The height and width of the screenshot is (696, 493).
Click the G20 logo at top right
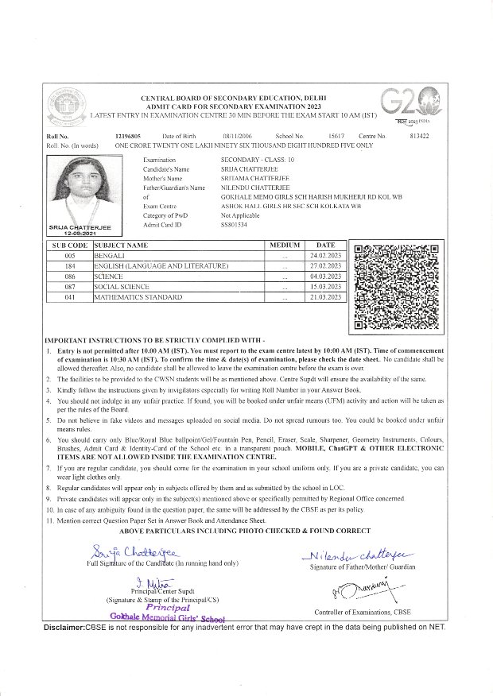(x=405, y=103)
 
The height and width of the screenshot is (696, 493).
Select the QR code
(x=391, y=287)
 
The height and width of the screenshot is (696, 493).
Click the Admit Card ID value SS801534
(x=235, y=226)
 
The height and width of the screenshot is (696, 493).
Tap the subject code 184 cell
(x=69, y=265)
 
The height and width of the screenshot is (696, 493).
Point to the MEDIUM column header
(x=285, y=246)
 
